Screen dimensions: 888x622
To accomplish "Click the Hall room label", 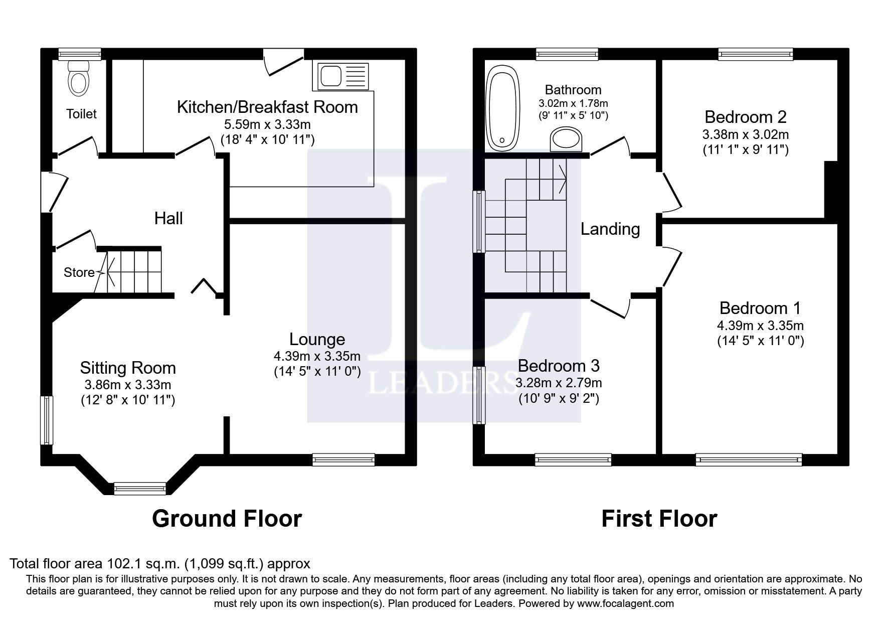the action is click(x=168, y=218).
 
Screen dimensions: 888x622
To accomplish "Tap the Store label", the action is click(x=79, y=272).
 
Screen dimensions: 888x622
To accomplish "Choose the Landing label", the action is click(x=610, y=229).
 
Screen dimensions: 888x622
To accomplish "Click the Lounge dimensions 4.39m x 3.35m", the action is click(x=317, y=356).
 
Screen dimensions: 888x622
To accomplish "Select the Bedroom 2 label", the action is click(x=745, y=117).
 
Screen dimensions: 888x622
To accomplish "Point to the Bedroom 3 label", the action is click(x=559, y=365).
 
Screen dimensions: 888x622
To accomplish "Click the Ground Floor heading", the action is click(x=227, y=519).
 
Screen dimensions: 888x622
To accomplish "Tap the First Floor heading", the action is click(x=659, y=519).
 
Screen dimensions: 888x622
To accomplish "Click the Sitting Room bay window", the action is click(x=140, y=488).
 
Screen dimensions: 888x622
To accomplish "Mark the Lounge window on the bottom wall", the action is click(x=343, y=459).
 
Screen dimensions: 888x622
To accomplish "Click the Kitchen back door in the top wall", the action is click(x=284, y=61).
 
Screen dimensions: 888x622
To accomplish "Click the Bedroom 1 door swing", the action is click(x=672, y=266).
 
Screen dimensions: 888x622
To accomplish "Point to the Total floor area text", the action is click(x=160, y=564).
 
